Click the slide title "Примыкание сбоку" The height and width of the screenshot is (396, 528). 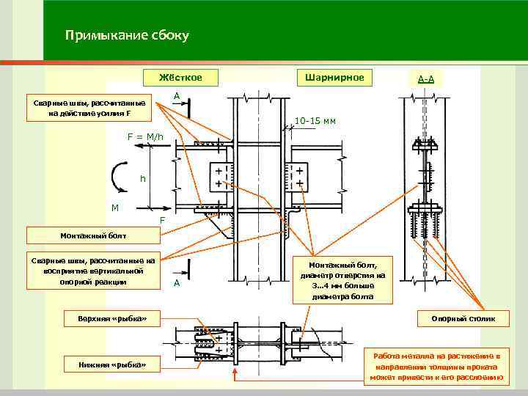coord(127,35)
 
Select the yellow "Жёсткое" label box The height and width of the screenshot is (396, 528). coord(180,77)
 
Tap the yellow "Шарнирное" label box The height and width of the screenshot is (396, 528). coord(334,77)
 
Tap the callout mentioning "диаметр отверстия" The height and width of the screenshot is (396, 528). coord(343,279)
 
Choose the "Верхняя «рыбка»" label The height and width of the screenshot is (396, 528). coord(111,318)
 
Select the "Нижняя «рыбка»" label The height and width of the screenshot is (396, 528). coord(111,364)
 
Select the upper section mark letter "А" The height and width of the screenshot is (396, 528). coord(177,96)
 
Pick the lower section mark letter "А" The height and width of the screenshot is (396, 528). coord(176,283)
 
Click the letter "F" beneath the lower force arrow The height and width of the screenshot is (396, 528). coord(163,220)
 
